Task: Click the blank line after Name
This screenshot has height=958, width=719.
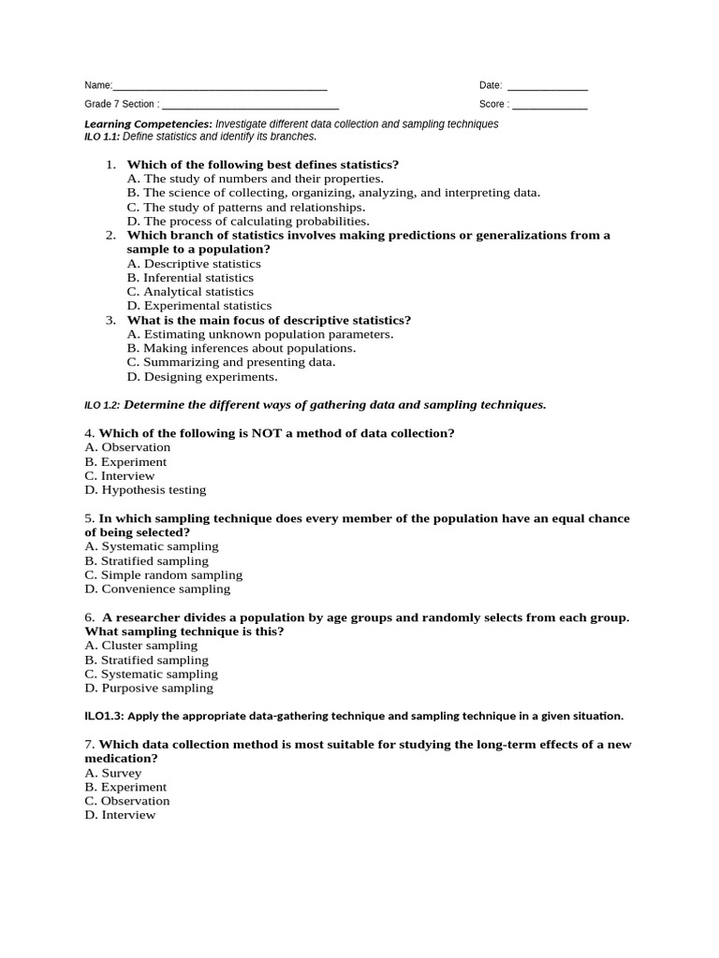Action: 220,87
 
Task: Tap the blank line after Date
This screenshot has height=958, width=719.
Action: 548,87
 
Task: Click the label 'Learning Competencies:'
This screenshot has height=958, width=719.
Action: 148,124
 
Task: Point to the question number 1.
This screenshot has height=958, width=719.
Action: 110,165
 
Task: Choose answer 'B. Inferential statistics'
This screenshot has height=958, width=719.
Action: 190,278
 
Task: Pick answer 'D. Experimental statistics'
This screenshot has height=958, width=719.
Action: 198,306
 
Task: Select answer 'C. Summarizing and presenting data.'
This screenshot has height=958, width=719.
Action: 230,362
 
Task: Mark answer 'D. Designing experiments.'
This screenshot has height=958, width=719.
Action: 202,377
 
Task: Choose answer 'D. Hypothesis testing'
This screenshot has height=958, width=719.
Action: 145,490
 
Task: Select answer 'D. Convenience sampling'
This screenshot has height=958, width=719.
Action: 157,589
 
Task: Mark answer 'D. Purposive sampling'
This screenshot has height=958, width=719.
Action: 149,689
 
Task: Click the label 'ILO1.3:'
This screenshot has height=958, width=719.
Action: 104,717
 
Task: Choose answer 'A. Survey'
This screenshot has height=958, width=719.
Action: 113,774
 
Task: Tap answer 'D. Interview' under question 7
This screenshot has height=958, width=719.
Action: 120,816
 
